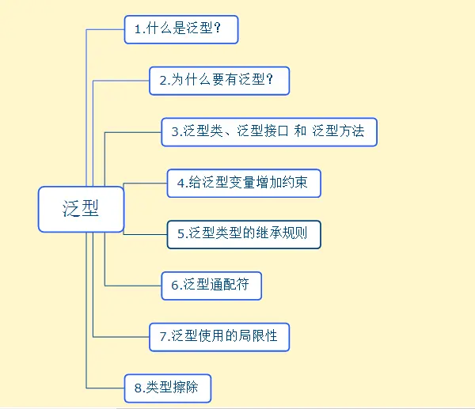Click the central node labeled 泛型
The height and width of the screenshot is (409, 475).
82,209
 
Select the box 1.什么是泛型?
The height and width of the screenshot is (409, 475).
181,29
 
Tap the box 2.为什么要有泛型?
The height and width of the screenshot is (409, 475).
218,80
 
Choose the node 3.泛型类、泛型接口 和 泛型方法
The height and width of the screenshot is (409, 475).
269,131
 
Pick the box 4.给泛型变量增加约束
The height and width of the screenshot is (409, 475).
244,184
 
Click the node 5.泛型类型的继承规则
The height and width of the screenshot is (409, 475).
244,234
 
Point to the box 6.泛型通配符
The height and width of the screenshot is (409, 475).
211,285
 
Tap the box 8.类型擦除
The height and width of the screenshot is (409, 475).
168,387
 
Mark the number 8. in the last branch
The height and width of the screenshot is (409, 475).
139,388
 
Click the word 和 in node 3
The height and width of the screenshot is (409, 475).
300,132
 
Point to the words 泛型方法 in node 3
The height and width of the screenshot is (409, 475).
338,132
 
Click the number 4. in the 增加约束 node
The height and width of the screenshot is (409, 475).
182,184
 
